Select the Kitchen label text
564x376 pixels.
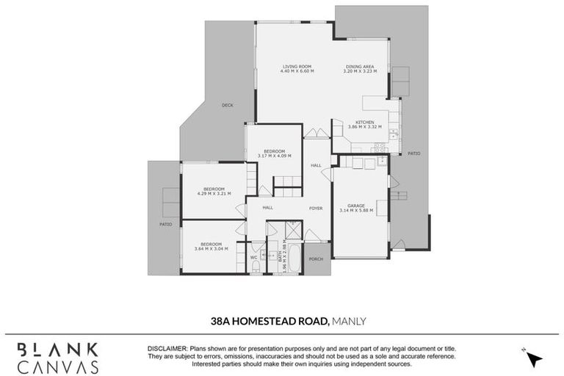[x=365, y=122]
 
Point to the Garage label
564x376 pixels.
[x=356, y=206]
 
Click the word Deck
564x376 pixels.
[x=227, y=105]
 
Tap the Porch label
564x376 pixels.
[x=317, y=258]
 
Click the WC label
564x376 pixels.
[x=253, y=258]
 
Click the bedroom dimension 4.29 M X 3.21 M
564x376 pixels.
[x=214, y=194]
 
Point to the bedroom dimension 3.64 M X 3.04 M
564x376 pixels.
[x=211, y=248]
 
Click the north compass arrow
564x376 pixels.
[x=534, y=358]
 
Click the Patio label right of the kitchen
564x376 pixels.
[x=413, y=153]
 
